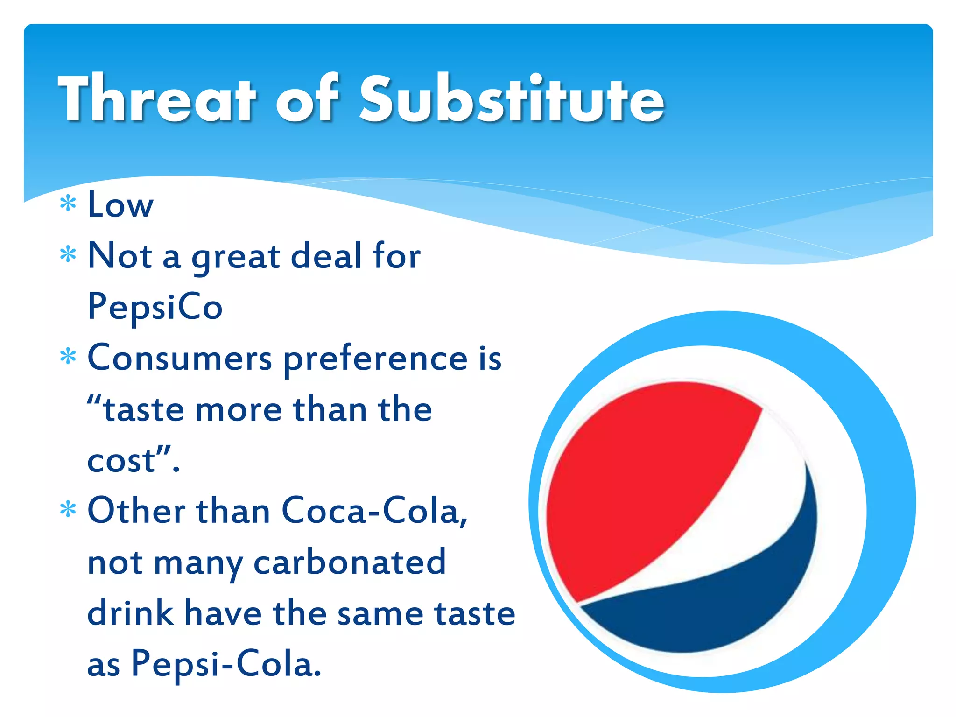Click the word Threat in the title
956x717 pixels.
[x=157, y=99]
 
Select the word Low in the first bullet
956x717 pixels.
[x=120, y=205]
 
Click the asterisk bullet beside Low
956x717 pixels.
[x=68, y=204]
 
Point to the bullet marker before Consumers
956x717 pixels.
[x=68, y=357]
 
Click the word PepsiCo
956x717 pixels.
[x=155, y=307]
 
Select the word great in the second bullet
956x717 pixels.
[x=236, y=258]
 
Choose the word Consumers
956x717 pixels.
[x=180, y=358]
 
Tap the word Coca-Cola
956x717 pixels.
[x=373, y=511]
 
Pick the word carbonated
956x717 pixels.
[x=350, y=562]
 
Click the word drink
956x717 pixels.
[x=130, y=613]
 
